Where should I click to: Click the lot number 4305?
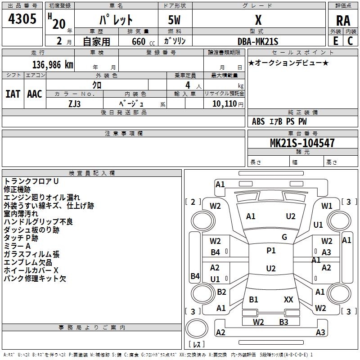[22, 19]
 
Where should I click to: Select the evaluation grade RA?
[343, 20]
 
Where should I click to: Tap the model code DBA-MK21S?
[258, 41]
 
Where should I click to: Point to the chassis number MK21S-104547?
[302, 143]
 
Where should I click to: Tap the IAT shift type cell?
[13, 94]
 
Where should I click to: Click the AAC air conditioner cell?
[35, 94]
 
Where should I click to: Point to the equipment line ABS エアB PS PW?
[279, 121]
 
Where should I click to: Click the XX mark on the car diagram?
[288, 299]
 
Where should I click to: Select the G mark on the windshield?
[284, 237]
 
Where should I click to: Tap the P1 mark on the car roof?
[271, 251]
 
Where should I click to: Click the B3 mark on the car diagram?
[283, 322]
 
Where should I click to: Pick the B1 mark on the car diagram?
[253, 299]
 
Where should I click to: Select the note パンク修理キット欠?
[35, 279]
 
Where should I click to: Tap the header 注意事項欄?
[123, 134]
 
